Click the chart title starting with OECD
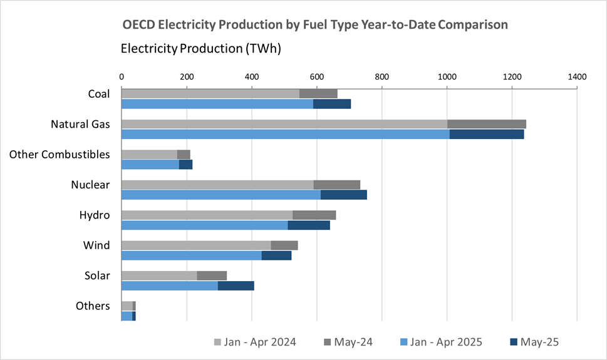click(x=315, y=24)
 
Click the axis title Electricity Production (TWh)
click(x=200, y=49)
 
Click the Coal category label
click(x=99, y=94)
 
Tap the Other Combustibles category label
click(x=60, y=154)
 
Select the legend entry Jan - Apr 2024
click(x=255, y=342)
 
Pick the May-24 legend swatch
click(x=327, y=342)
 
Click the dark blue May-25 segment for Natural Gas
click(x=486, y=134)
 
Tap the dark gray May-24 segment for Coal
click(x=318, y=94)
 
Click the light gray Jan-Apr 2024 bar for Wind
click(x=195, y=245)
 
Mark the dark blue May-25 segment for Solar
click(x=236, y=285)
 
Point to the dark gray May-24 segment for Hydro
click(x=314, y=215)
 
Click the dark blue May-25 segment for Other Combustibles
click(x=185, y=165)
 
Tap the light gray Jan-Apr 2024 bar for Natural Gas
click(x=284, y=124)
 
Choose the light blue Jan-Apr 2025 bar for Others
click(x=127, y=316)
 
